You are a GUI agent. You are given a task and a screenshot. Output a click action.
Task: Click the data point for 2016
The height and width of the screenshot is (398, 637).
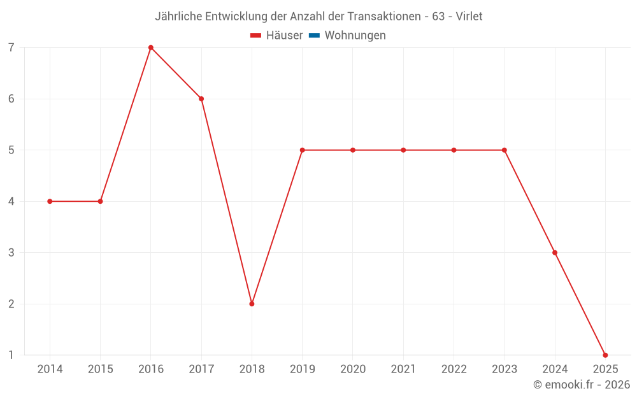click(151, 48)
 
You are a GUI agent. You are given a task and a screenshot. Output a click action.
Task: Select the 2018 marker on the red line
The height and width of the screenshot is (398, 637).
click(252, 304)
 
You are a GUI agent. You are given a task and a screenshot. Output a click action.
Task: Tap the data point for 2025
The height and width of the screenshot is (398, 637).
click(605, 355)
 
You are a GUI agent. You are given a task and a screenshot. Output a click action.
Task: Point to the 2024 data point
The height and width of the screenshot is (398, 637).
click(555, 253)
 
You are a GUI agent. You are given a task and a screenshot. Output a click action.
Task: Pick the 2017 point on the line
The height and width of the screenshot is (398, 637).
click(201, 99)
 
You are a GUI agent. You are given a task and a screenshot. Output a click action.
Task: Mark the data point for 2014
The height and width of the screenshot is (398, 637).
click(50, 201)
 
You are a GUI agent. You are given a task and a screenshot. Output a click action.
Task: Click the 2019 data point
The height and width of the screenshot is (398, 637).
click(303, 150)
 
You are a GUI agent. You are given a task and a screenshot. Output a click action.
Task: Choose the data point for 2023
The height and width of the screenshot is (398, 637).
click(505, 150)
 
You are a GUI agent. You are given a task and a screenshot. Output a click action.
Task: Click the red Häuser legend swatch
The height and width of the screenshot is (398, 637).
click(256, 36)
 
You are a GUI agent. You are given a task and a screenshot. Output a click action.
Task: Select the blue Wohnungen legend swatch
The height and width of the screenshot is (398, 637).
click(314, 36)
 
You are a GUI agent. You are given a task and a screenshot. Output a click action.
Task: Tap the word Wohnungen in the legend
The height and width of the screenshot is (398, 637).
click(355, 36)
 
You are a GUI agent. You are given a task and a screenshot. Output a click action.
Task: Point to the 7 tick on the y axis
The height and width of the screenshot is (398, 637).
click(11, 48)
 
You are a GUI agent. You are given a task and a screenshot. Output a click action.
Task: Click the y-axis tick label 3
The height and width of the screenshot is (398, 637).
click(11, 253)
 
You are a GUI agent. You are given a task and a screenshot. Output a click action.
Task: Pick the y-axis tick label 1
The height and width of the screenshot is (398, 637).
click(11, 355)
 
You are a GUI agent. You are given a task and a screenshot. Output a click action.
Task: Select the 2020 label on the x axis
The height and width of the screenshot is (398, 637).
click(353, 369)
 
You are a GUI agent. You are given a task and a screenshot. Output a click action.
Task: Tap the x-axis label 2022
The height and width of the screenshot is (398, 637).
click(454, 369)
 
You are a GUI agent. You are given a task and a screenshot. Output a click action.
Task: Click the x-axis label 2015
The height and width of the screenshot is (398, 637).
click(101, 369)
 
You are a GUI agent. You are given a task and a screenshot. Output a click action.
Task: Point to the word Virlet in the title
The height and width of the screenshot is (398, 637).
click(469, 17)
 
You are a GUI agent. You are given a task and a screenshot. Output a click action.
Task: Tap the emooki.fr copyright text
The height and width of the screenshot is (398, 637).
click(582, 385)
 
